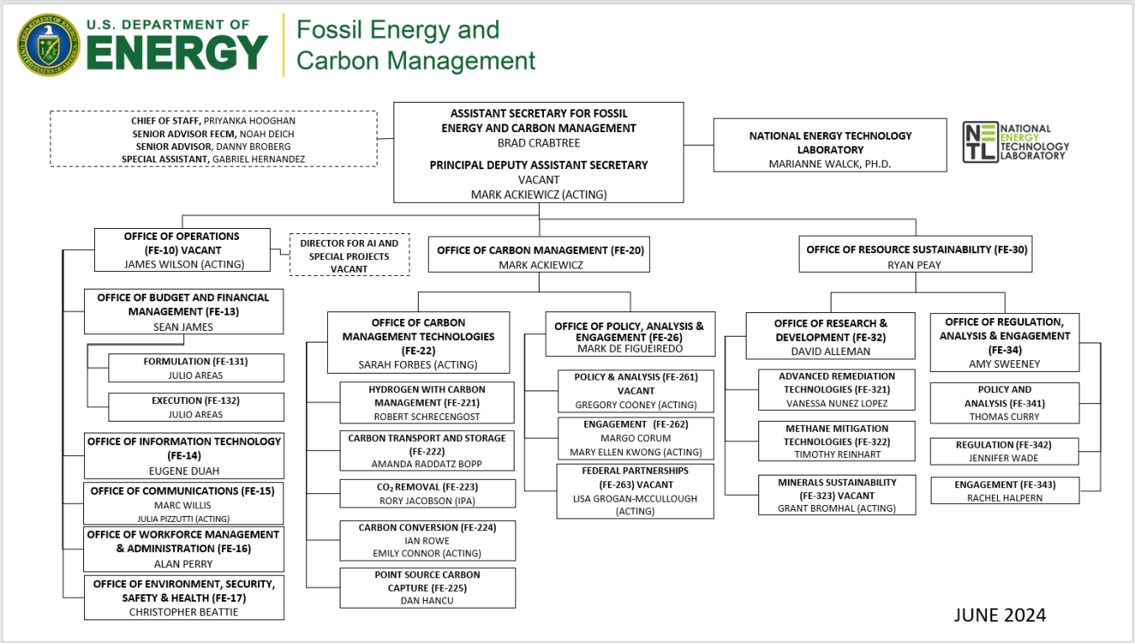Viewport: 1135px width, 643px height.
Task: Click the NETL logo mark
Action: coord(980,142)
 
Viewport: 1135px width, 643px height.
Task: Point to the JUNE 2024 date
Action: coord(1000,615)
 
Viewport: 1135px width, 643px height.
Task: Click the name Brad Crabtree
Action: coord(538,143)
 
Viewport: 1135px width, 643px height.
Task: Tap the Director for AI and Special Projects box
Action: coord(349,255)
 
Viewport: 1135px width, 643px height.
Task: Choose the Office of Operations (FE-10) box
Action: coord(182,250)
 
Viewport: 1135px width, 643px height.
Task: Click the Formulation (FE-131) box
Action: coord(196,368)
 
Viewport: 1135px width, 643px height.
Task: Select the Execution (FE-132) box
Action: coord(196,407)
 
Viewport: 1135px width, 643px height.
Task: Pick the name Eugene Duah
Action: coord(184,471)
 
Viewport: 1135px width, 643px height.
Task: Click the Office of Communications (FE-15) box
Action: coord(183,503)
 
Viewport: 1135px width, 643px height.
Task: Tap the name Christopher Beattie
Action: coord(183,612)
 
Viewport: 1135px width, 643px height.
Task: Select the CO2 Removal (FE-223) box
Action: coord(427,493)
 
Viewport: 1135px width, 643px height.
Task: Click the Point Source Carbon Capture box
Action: coord(427,587)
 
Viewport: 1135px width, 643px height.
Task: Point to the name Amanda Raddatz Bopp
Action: coord(427,464)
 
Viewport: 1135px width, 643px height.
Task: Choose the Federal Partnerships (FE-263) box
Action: coord(635,491)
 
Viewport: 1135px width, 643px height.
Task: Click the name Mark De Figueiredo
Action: coord(629,348)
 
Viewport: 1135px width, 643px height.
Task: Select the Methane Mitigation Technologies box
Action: coord(837,441)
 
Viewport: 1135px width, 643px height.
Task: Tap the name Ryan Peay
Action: coord(915,264)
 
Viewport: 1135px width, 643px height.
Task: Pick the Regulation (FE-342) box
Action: coord(1004,451)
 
